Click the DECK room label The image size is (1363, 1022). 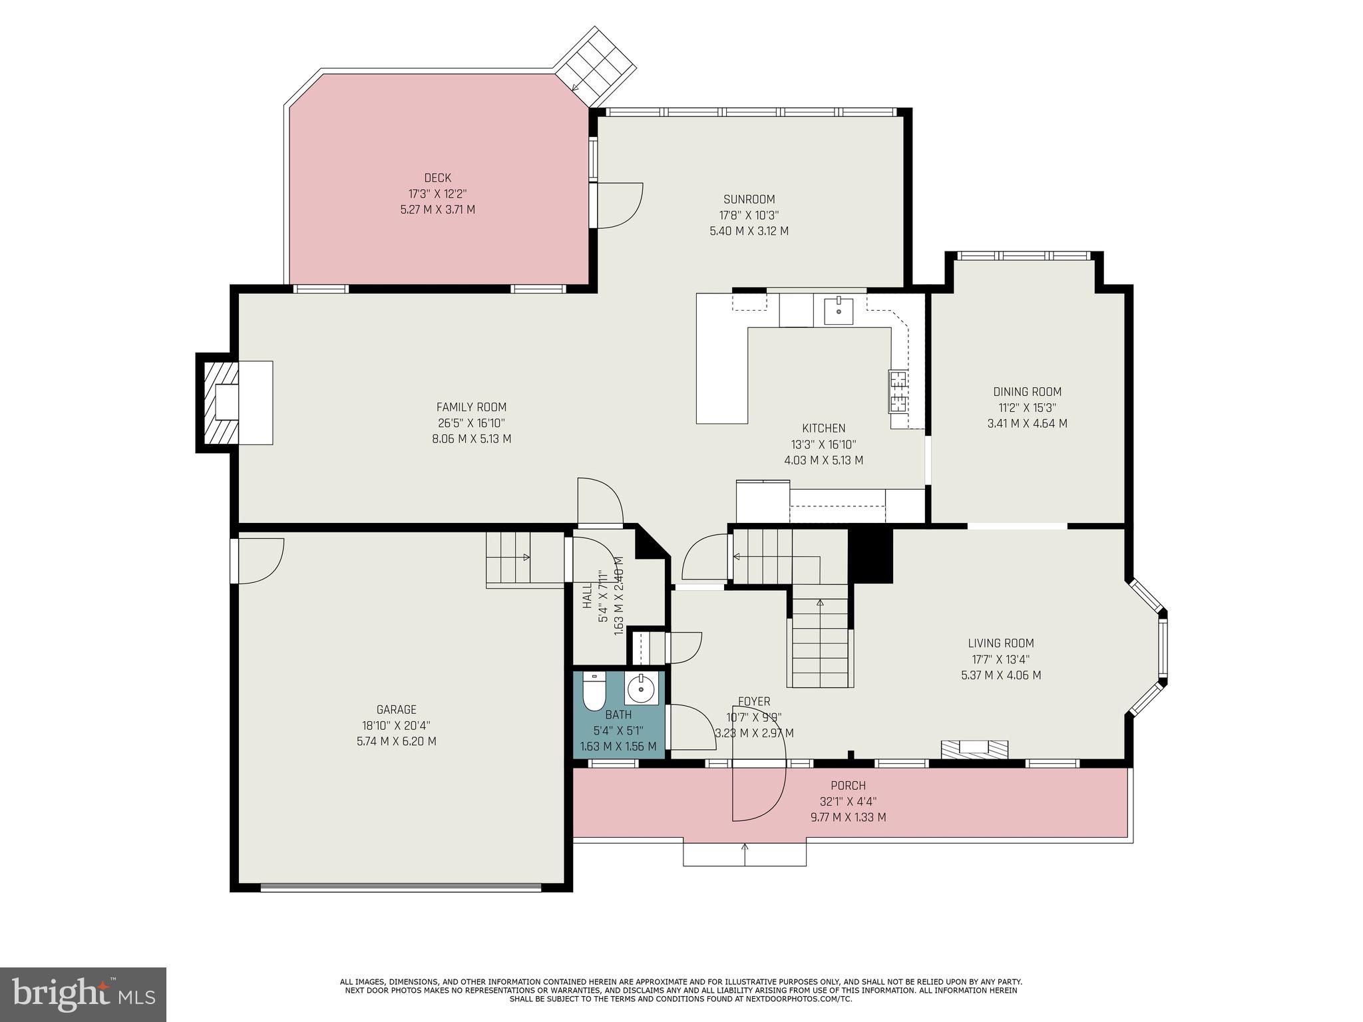click(438, 178)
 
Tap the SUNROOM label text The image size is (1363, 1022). click(749, 199)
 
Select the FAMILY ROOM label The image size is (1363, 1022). click(471, 407)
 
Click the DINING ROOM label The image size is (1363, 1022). click(1027, 392)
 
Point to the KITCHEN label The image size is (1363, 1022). click(823, 428)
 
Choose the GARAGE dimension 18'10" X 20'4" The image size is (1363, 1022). click(397, 725)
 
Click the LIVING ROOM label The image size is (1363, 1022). click(1000, 643)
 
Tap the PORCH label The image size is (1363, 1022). click(848, 786)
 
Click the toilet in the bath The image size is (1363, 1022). click(592, 692)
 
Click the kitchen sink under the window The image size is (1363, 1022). click(839, 311)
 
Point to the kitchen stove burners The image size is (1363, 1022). click(898, 391)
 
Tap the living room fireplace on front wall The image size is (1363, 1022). click(974, 749)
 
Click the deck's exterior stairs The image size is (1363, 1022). click(596, 67)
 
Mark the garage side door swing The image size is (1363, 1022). click(260, 560)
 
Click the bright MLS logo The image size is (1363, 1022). click(83, 994)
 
